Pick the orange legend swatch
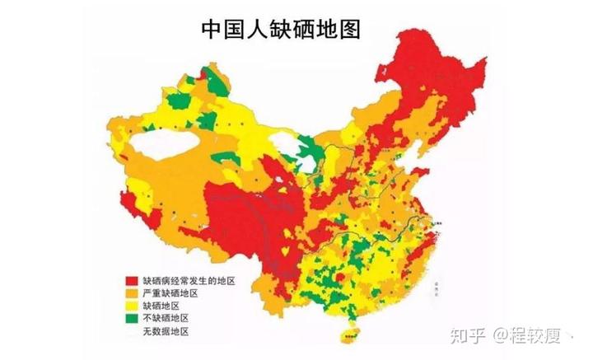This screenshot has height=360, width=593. tap(132, 293)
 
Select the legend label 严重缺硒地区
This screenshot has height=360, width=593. tap(170, 293)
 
